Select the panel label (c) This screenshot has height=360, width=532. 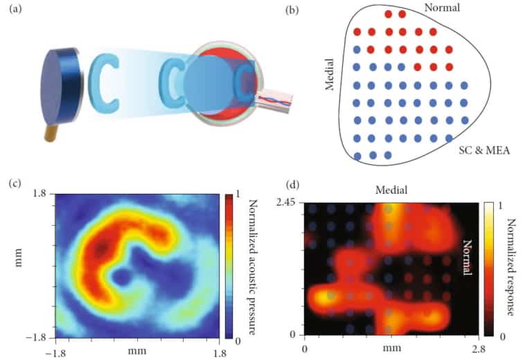(15, 184)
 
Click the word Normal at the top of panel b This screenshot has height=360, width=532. (441, 8)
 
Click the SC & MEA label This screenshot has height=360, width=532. (484, 150)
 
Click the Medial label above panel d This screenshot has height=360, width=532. (391, 190)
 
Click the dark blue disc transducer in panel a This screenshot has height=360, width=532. (60, 83)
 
